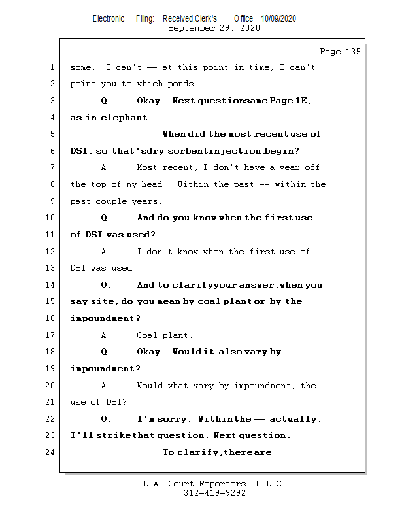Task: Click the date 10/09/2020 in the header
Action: pos(278,19)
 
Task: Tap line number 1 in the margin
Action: pos(52,67)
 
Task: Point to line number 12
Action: pos(52,252)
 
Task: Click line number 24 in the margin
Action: pos(52,452)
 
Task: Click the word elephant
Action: pos(126,118)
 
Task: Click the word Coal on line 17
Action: pos(147,335)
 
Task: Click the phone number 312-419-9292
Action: pos(214,494)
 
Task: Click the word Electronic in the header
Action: pos(109,19)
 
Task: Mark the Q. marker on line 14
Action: pos(107,285)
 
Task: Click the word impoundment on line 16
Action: pos(101,318)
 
